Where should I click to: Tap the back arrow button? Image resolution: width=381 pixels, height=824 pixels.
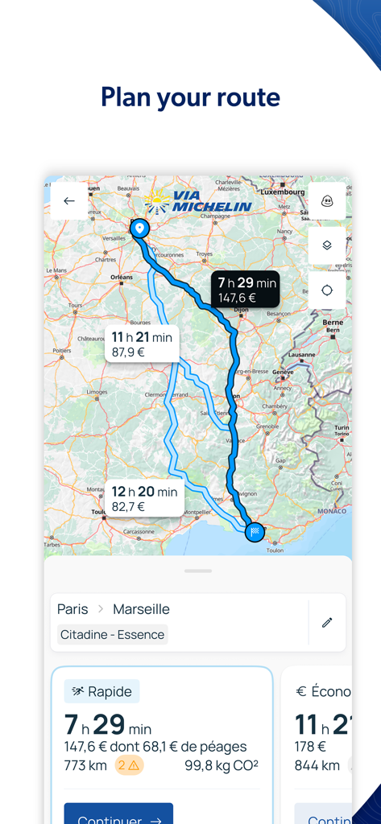69,201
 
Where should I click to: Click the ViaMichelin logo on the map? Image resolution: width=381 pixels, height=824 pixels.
199,201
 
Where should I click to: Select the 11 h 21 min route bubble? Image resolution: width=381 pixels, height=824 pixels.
142,344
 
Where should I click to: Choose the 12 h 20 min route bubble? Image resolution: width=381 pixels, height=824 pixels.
144,499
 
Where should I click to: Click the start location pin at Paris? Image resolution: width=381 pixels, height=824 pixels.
139,229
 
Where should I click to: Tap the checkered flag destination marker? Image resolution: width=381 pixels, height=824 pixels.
255,531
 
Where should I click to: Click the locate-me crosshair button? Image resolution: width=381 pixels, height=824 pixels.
327,290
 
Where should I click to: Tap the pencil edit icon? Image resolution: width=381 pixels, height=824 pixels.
327,622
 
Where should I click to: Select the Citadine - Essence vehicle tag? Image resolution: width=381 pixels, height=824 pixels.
113,635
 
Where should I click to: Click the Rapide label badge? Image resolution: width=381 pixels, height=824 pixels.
101,691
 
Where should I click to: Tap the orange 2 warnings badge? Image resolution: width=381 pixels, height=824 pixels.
128,765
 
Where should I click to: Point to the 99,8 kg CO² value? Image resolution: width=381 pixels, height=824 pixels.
222,765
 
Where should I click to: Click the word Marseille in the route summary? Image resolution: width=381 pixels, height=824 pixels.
141,609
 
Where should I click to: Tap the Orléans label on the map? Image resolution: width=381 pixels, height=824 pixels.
122,277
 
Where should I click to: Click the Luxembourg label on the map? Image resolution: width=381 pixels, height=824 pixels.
283,192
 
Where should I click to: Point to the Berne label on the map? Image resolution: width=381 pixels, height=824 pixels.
333,322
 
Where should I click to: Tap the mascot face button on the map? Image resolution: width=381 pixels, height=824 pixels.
327,201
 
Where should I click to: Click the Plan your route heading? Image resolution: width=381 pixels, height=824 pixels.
190,97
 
